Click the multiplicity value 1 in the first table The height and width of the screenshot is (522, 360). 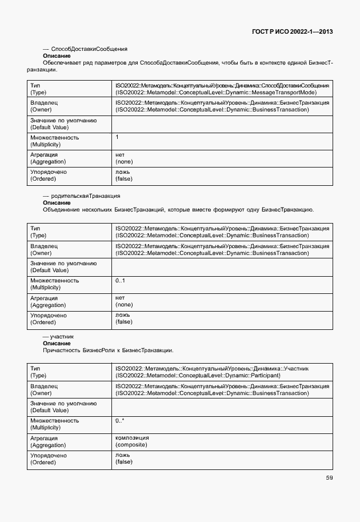click(x=117, y=137)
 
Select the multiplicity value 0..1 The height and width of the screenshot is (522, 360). click(x=120, y=280)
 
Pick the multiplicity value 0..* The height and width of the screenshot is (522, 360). click(x=120, y=420)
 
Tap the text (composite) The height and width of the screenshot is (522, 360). click(x=132, y=444)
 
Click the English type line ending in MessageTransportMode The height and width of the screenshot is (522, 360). click(x=215, y=92)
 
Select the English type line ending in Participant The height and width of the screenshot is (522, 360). click(x=198, y=376)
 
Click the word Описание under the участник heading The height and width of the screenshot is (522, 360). click(x=57, y=343)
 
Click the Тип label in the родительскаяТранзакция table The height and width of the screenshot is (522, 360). click(x=35, y=228)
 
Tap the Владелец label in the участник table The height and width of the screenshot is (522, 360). click(x=43, y=386)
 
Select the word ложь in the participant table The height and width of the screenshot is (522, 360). click(x=123, y=455)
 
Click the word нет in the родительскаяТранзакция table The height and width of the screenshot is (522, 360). click(x=120, y=297)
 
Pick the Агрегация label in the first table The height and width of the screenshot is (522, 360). click(x=43, y=154)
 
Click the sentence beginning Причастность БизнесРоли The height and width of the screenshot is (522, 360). click(x=108, y=350)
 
